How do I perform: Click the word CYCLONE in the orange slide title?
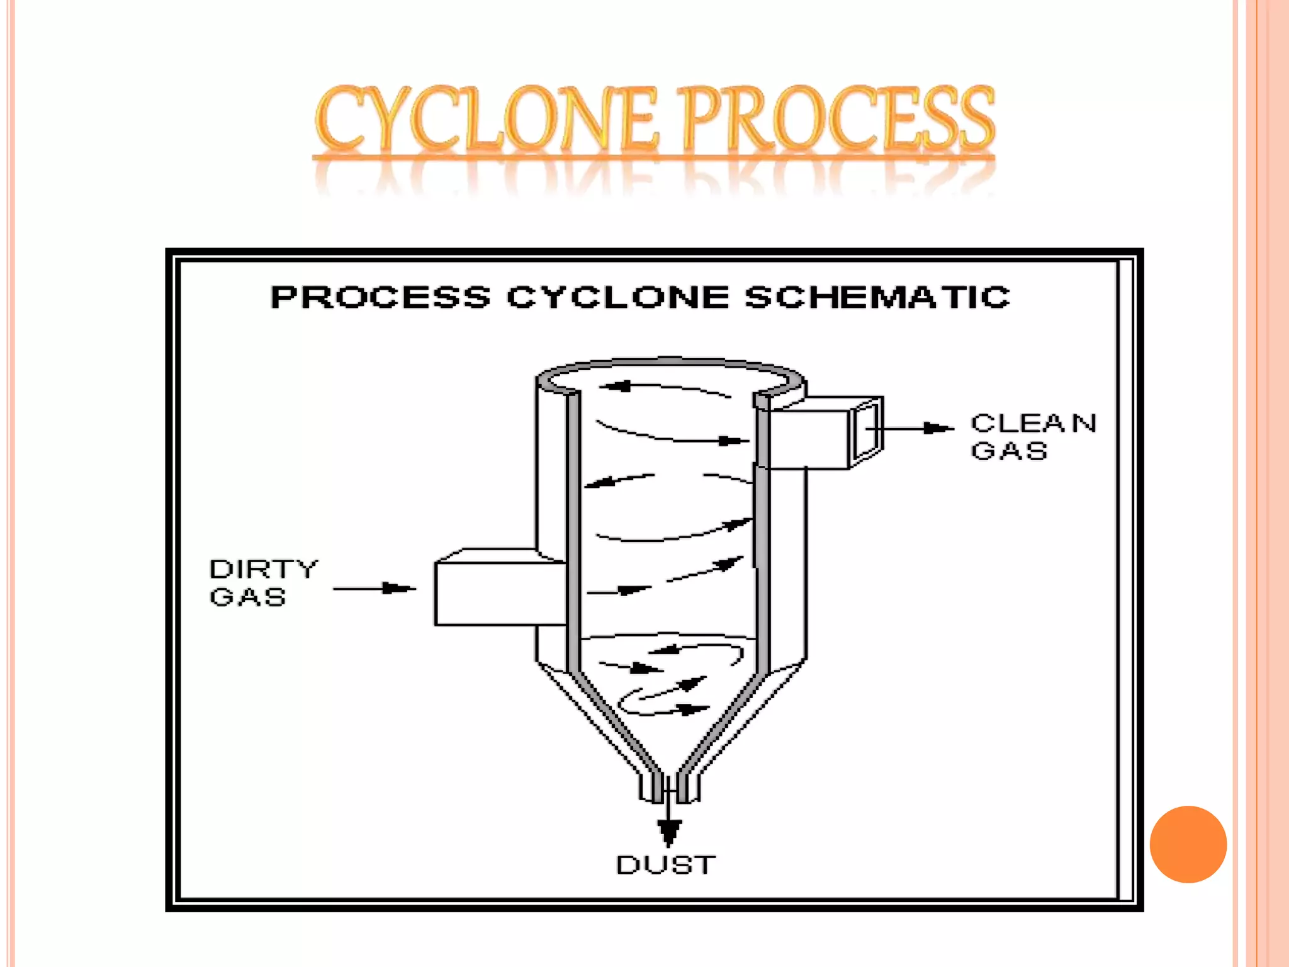click(x=486, y=120)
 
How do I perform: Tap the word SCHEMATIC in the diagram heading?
click(x=877, y=297)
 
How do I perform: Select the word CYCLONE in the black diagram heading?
click(x=617, y=297)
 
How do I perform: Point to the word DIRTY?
click(x=264, y=569)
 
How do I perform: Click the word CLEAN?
click(x=1033, y=423)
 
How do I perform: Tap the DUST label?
click(x=666, y=865)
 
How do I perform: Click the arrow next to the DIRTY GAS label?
click(x=374, y=589)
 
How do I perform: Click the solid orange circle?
click(x=1188, y=844)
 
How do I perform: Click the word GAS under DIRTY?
click(x=248, y=597)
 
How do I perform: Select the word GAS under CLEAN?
click(x=1009, y=451)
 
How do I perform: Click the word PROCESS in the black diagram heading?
click(x=380, y=297)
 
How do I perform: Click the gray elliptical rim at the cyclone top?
click(x=670, y=364)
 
